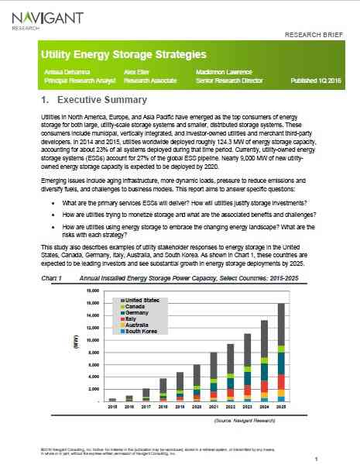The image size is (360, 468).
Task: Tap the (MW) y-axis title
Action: click(75, 347)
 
